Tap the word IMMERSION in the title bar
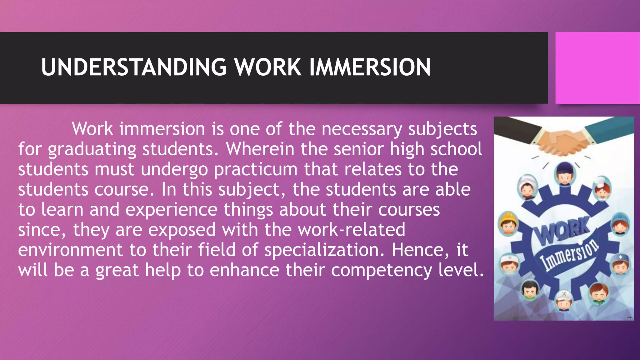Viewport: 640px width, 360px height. (370, 67)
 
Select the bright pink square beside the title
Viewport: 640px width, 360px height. (597, 68)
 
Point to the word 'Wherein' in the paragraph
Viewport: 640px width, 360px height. (260, 149)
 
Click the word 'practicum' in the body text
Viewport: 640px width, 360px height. (256, 169)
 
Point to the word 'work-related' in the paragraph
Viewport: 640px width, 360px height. (352, 230)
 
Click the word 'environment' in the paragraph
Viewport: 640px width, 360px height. (71, 250)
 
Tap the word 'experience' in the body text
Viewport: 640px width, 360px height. (171, 210)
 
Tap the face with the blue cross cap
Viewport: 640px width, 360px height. (620, 264)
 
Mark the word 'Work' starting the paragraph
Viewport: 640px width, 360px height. (92, 129)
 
